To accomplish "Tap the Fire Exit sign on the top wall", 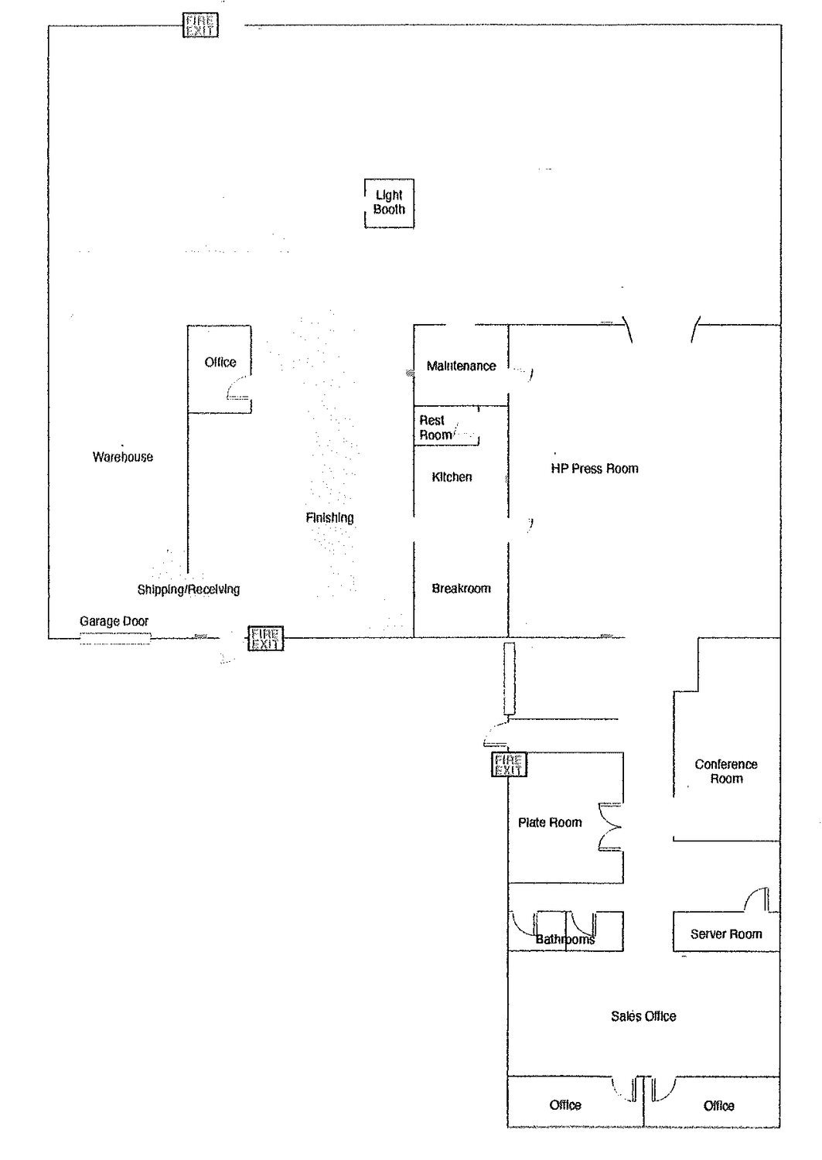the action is pos(200,26).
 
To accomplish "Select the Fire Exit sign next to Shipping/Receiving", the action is pos(266,639).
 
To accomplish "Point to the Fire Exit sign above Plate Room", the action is pos(509,765).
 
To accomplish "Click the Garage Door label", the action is pos(114,621).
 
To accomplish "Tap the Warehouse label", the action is pos(123,457).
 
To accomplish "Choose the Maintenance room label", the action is pos(461,366).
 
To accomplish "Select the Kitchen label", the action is pos(452,477).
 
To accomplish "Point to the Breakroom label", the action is pos(461,589).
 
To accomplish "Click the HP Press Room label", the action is pos(595,469).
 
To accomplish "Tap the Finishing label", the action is pos(329,518).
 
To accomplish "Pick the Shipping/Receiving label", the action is pos(189,589).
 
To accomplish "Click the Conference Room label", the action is pos(726,771).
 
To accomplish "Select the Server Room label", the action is pos(726,933).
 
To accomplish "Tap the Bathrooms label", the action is pos(565,940).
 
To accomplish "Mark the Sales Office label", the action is pos(643,1016).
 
